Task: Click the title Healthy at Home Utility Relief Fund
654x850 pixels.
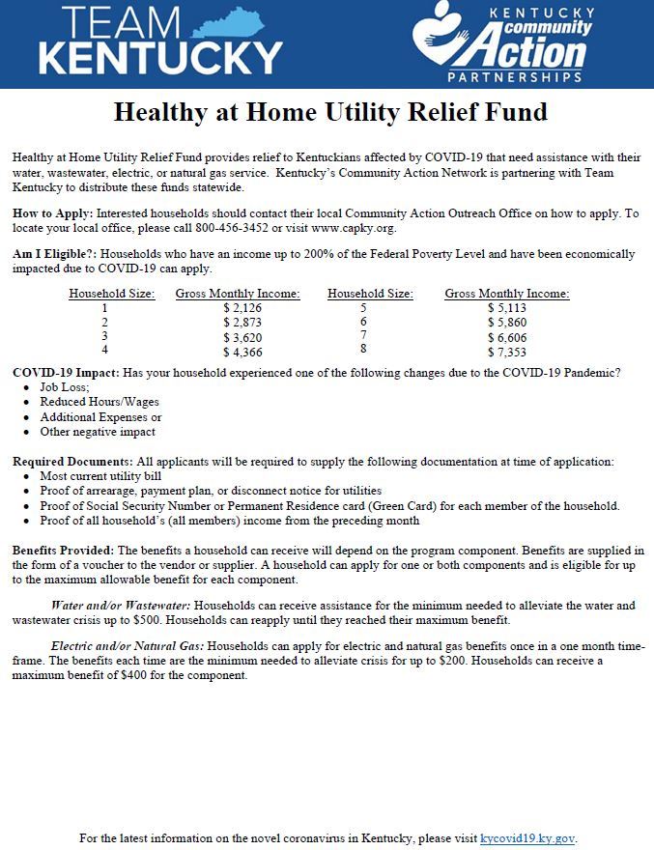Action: coord(330,112)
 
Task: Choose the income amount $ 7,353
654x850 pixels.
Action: coord(506,353)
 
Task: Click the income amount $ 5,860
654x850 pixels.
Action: coord(506,323)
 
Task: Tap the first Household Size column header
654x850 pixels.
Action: coord(112,294)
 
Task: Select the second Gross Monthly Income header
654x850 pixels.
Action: coord(506,294)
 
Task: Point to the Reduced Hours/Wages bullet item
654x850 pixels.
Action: coord(100,402)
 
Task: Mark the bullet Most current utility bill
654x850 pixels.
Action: coord(100,476)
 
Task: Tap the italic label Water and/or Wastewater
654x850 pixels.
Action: coord(121,606)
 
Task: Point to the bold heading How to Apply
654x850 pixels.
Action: coord(53,212)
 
